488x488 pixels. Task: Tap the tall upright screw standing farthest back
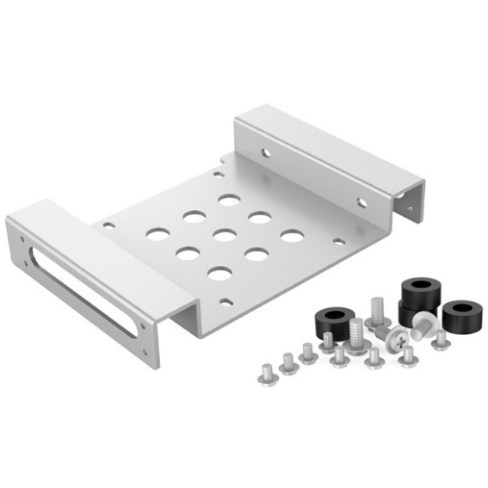coord(375,311)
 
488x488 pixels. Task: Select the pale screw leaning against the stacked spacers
coord(422,324)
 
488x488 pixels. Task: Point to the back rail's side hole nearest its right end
coord(362,203)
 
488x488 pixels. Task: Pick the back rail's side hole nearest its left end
coord(265,153)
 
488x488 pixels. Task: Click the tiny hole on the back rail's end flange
coord(410,208)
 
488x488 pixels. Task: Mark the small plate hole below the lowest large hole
coord(225,301)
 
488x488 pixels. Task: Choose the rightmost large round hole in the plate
coord(292,236)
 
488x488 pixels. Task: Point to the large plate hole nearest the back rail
coord(229,200)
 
